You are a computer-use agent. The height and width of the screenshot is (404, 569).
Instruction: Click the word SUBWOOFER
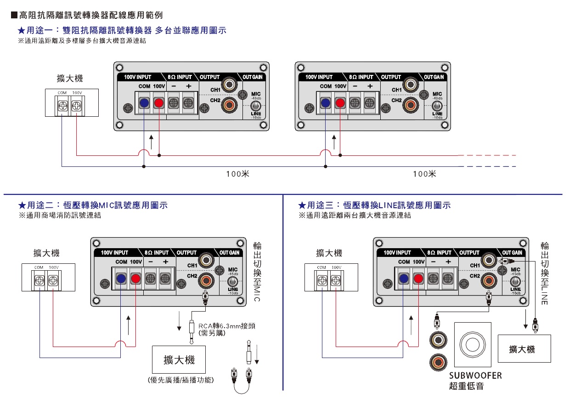pyautogui.click(x=475, y=376)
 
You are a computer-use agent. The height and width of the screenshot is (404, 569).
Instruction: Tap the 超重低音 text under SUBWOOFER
pyautogui.click(x=466, y=387)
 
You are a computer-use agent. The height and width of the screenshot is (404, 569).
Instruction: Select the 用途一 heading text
pyautogui.click(x=121, y=30)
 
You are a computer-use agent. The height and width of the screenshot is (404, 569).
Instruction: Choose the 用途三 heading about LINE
pyautogui.click(x=374, y=205)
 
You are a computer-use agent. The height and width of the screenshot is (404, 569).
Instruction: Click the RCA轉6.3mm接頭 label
pyautogui.click(x=226, y=326)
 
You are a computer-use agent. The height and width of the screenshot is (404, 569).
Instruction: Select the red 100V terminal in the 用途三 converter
pyautogui.click(x=418, y=279)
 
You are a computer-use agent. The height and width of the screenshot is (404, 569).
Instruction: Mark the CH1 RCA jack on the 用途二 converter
pyautogui.click(x=207, y=261)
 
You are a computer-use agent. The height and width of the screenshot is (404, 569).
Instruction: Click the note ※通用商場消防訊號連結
pyautogui.click(x=59, y=215)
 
